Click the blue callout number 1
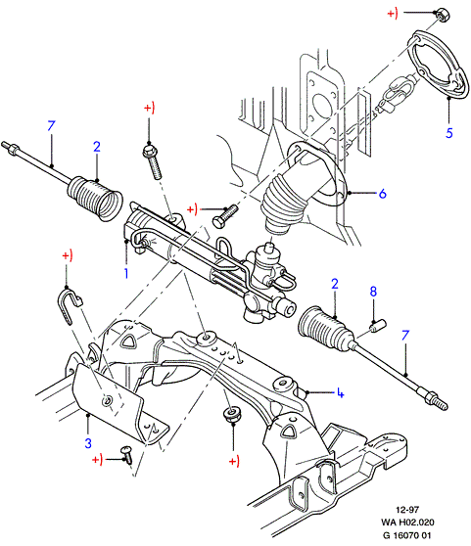point(126,273)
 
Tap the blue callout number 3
point(88,443)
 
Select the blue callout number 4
point(340,393)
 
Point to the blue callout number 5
point(449,133)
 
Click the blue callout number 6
point(382,194)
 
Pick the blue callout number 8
point(373,292)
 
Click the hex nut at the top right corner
point(442,15)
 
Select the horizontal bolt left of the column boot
point(225,216)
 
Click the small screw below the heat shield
point(127,455)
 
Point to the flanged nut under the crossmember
point(232,415)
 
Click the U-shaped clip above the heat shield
point(69,305)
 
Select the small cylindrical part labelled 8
point(377,326)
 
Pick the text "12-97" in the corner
point(407,510)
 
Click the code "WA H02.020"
point(407,523)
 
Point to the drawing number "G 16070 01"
point(407,535)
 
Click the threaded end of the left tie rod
point(10,147)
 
